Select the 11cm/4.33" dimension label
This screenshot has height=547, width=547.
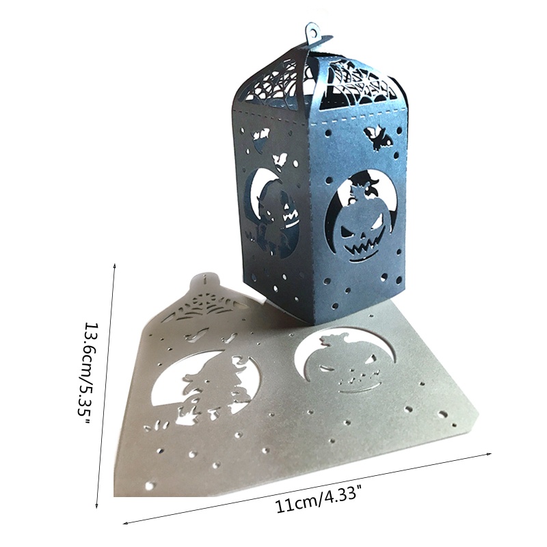318,500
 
